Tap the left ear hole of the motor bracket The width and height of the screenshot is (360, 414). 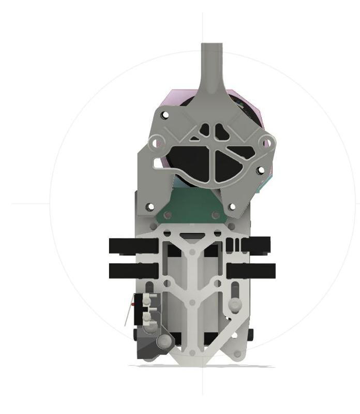click(x=154, y=140)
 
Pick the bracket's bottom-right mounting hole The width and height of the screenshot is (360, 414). click(x=232, y=206)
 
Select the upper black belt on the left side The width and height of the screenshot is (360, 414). click(x=133, y=246)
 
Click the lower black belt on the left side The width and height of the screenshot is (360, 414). click(x=133, y=270)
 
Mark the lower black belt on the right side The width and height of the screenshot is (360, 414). click(x=251, y=270)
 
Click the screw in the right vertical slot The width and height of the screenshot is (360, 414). click(x=235, y=303)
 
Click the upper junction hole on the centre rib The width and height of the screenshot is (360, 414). click(x=192, y=252)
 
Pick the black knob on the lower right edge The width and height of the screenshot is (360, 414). click(x=251, y=334)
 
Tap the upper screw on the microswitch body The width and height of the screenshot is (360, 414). click(x=148, y=299)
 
